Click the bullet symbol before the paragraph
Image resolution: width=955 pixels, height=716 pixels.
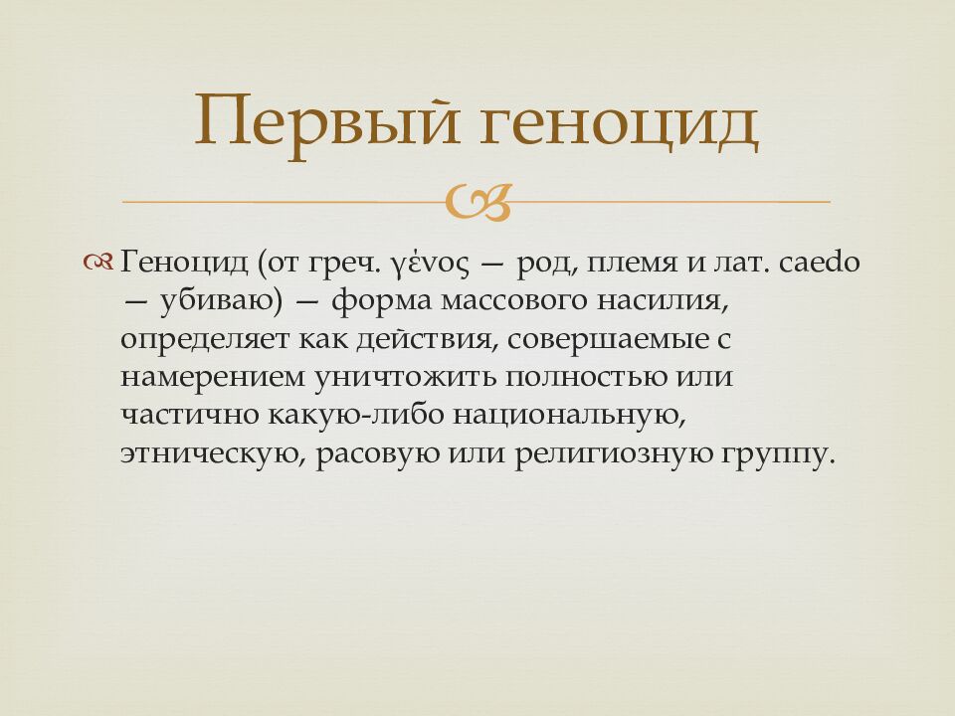point(100,263)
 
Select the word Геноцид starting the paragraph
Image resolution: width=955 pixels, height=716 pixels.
point(186,263)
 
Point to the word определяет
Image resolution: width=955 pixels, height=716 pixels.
point(203,339)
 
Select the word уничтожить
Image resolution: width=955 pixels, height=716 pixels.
point(408,377)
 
